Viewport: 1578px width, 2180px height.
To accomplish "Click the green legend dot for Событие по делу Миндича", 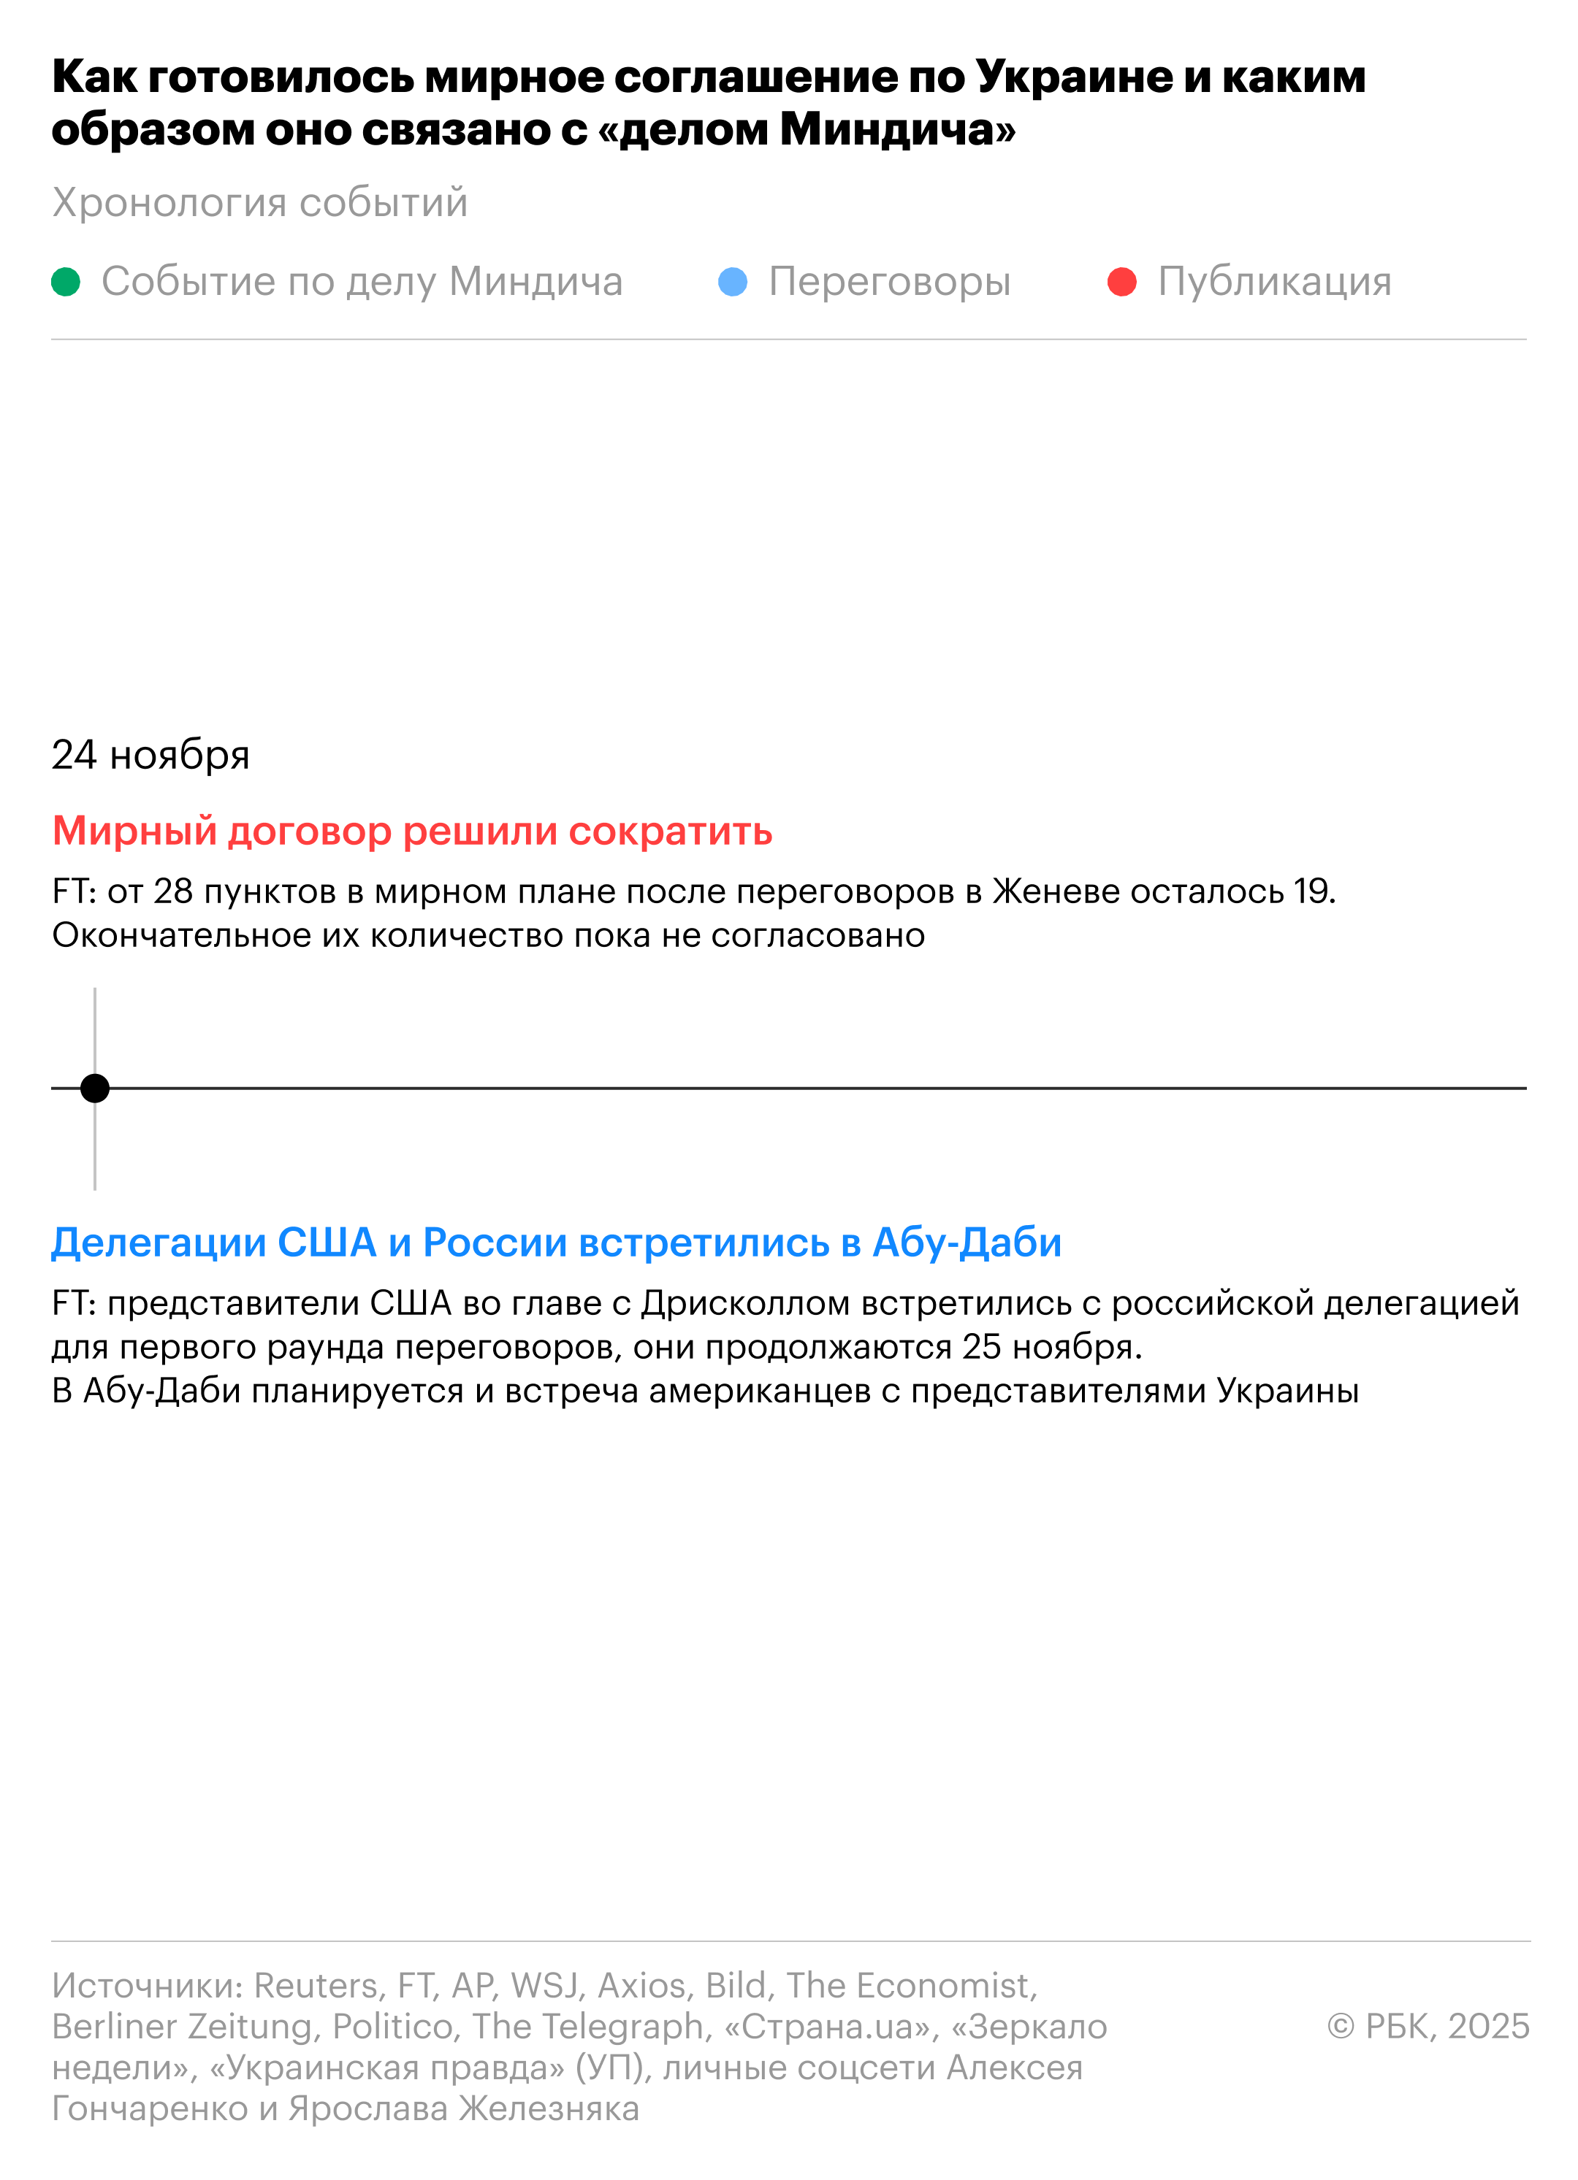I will (x=66, y=282).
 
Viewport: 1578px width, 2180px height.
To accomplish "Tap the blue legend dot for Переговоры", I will (x=733, y=282).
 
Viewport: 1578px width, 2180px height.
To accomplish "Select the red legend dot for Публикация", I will (x=1122, y=282).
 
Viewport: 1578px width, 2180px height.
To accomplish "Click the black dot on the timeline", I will (x=94, y=1088).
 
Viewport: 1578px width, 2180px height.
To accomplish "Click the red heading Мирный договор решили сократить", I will (x=411, y=832).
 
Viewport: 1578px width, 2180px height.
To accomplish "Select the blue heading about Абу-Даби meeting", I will (x=556, y=1243).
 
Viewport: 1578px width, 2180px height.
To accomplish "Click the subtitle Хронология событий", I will (x=259, y=203).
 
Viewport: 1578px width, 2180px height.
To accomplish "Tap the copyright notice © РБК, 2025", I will (x=1428, y=2025).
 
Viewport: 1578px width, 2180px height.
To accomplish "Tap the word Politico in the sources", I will (x=392, y=2026).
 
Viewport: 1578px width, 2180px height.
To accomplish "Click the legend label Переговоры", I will (x=890, y=282).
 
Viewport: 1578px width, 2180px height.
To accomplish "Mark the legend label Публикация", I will (x=1274, y=282).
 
